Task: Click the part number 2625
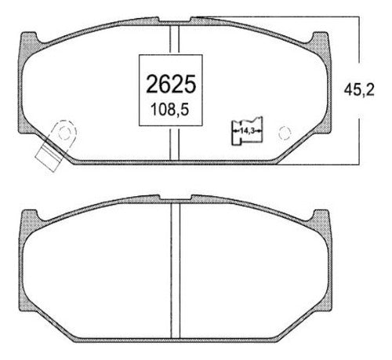[x=171, y=84]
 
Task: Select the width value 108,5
[x=170, y=110]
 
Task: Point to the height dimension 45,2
[x=359, y=90]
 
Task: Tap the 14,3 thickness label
[x=247, y=131]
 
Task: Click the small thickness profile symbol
[x=247, y=131]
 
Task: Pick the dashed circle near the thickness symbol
[x=285, y=133]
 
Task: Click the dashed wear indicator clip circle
[x=64, y=133]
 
